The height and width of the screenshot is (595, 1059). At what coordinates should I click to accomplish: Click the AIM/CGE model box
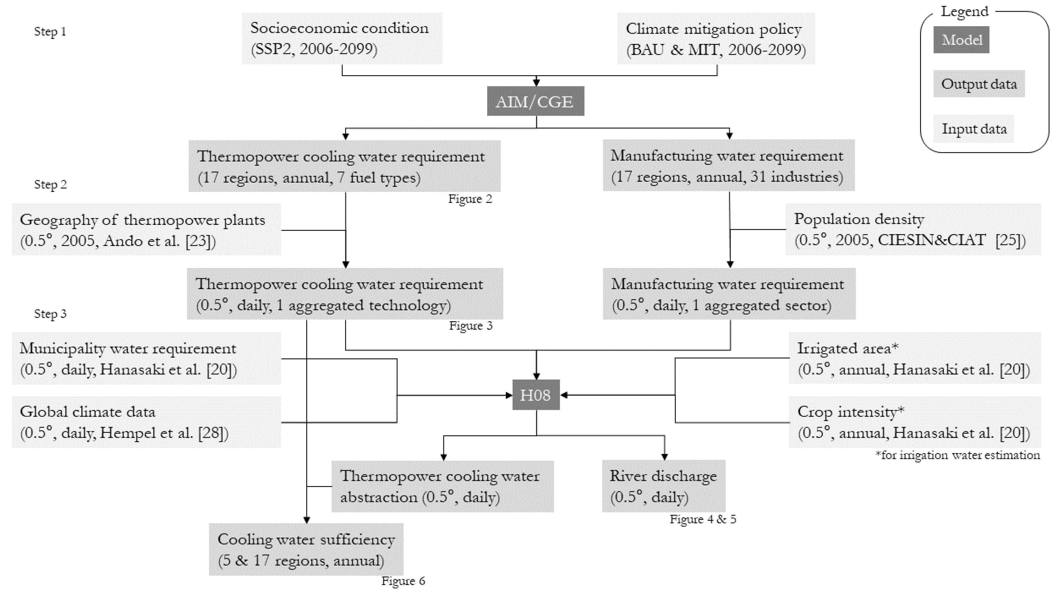(x=535, y=101)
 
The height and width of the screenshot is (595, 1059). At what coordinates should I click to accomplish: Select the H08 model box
(x=536, y=395)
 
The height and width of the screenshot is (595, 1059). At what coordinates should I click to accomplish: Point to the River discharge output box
(x=663, y=486)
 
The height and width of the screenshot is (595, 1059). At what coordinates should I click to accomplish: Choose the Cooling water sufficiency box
(x=306, y=550)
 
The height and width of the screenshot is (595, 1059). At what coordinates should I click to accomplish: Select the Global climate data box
(x=146, y=422)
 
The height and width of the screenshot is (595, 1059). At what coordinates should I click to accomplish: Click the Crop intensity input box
(x=914, y=422)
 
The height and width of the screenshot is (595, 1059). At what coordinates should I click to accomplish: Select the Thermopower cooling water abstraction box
(x=442, y=486)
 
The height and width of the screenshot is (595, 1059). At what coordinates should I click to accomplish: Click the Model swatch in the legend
(x=961, y=40)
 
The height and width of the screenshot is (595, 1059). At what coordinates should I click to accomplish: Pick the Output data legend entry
(x=979, y=84)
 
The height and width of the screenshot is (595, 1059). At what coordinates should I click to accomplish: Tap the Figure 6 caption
(x=403, y=581)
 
